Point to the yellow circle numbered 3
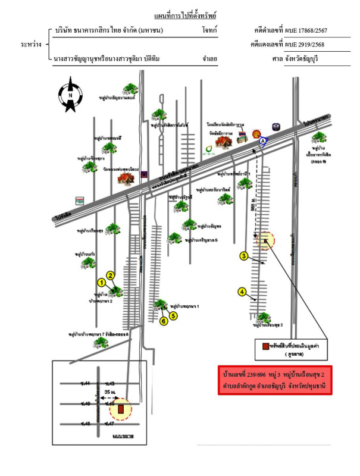243,256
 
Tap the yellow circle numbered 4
242,292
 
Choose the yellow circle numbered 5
174,316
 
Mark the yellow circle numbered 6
162,321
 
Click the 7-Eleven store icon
79,201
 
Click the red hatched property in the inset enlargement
121,409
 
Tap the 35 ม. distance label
109,394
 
